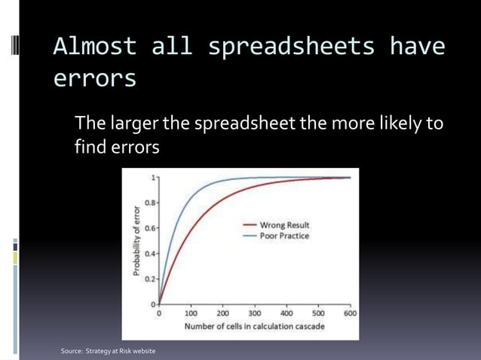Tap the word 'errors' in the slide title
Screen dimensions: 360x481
[95, 78]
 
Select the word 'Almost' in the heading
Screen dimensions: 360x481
[95, 47]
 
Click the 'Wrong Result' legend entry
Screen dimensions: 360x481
[284, 225]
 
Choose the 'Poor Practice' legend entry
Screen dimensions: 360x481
[284, 236]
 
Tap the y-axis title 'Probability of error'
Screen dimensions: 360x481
[137, 240]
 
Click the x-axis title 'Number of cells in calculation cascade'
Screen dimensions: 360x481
[255, 326]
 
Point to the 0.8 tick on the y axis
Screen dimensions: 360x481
[151, 203]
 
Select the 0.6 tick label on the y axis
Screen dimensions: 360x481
[151, 228]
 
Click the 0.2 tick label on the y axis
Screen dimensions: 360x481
[151, 279]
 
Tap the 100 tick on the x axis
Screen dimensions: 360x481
[191, 313]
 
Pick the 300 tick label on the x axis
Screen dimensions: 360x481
[255, 313]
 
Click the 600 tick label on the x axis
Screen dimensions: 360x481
[351, 313]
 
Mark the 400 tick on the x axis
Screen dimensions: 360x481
[286, 313]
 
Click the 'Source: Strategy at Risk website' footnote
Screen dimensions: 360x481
[108, 352]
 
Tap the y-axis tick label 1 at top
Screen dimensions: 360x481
[154, 178]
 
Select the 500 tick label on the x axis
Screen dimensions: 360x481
[318, 313]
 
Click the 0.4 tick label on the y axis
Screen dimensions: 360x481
[151, 254]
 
